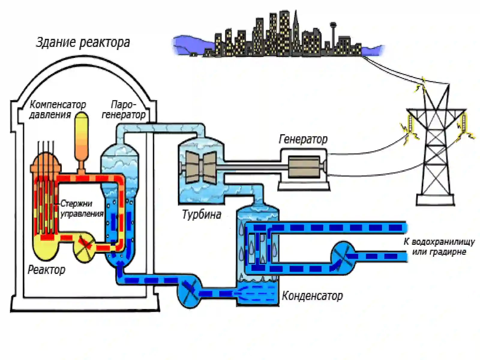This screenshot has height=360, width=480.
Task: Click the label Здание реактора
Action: point(83,42)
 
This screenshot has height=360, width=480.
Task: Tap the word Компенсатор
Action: point(58,105)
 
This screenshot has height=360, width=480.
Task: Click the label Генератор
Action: point(303,139)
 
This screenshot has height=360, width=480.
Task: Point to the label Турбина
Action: point(201,214)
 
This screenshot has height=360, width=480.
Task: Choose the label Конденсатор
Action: point(312,296)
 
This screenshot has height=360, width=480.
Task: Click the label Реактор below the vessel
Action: point(46,270)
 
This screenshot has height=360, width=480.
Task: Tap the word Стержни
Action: point(76,203)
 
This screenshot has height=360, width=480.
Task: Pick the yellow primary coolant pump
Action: point(85,247)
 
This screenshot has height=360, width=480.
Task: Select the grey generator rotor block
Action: point(304,167)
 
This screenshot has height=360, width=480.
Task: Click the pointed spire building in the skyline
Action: point(296,32)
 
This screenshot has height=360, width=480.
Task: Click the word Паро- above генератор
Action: point(124,105)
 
